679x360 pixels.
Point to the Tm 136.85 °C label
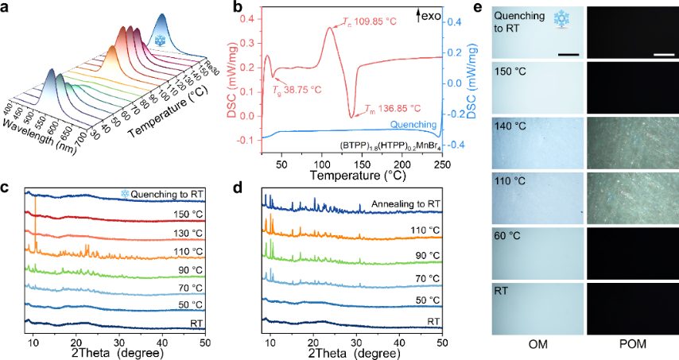(393, 108)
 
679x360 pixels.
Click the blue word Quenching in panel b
(415, 125)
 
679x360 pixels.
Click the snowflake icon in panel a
(161, 40)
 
